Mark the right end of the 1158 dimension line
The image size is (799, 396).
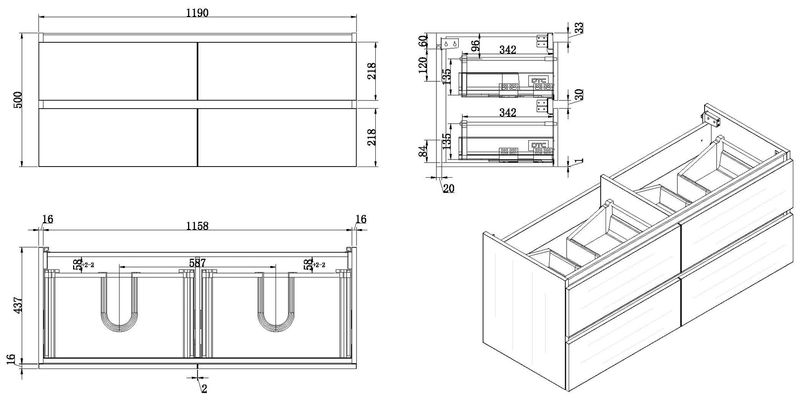[352, 230]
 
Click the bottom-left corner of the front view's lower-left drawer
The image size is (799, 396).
[39, 166]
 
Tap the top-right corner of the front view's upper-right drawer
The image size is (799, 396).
[356, 42]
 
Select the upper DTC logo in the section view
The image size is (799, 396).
[539, 80]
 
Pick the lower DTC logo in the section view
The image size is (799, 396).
[539, 145]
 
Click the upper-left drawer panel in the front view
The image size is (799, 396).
[118, 71]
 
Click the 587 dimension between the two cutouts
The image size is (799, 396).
[197, 262]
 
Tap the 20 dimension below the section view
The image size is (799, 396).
[449, 189]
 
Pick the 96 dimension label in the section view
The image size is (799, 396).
[475, 46]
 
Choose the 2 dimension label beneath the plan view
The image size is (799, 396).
[204, 388]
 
